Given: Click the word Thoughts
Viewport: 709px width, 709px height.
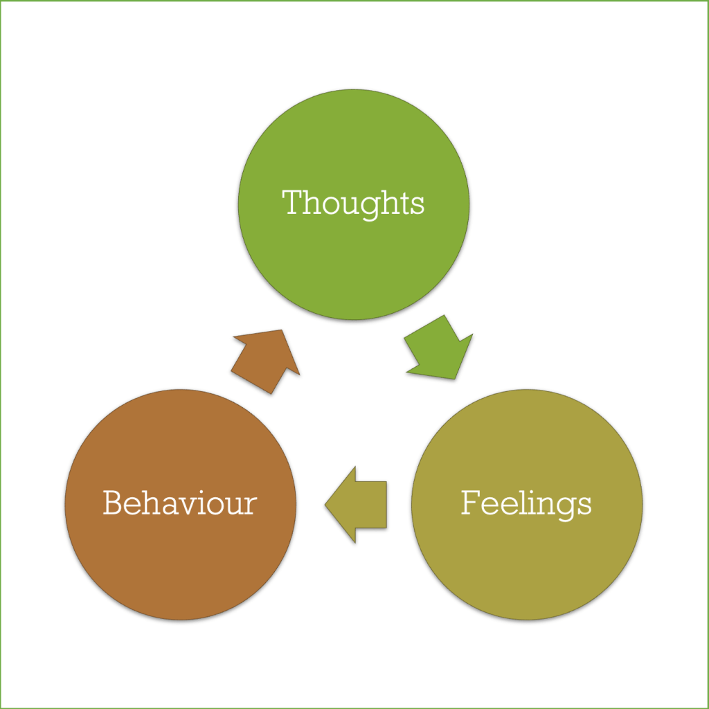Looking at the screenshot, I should [x=353, y=204].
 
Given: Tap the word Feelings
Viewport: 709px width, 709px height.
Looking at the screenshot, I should [x=526, y=503].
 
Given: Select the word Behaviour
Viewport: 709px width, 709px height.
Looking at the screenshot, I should [x=179, y=503].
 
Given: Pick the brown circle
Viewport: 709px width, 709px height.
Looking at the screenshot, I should [x=179, y=554].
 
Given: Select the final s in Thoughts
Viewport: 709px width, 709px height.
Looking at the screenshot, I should [x=417, y=206].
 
